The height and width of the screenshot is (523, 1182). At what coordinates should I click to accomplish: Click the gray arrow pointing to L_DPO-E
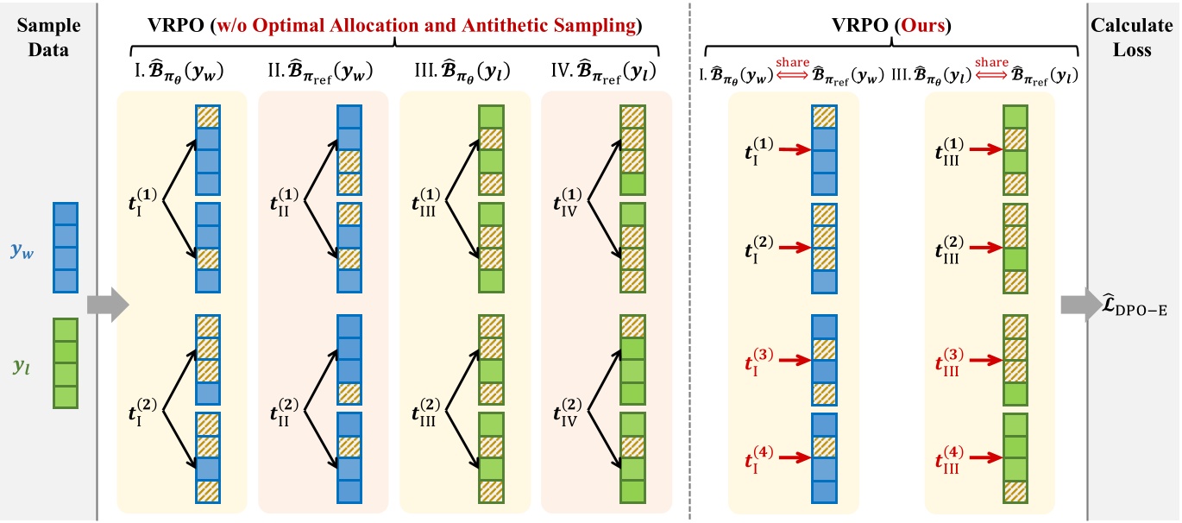1078,304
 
